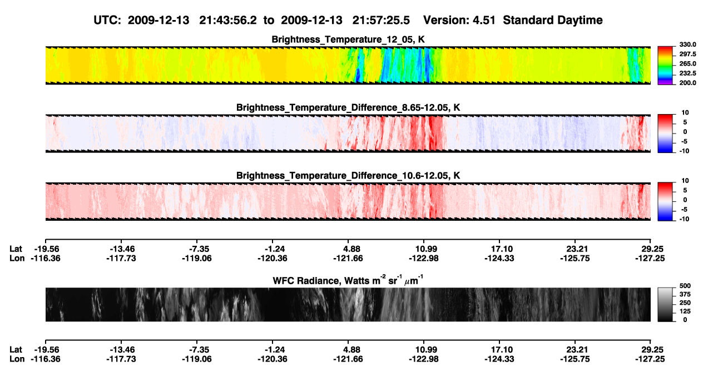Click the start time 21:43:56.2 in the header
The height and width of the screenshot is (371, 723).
click(228, 21)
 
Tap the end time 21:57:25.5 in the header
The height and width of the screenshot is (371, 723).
click(381, 21)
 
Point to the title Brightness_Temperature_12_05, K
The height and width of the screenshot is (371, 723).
click(348, 39)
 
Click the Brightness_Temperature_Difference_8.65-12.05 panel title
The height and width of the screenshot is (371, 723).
click(348, 107)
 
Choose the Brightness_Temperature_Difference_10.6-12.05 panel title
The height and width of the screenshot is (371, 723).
click(348, 176)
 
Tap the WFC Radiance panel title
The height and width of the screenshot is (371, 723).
click(348, 280)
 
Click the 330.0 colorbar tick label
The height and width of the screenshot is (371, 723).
click(687, 44)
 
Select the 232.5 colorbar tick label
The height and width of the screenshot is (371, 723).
click(687, 73)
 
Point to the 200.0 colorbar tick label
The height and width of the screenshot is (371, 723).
click(687, 83)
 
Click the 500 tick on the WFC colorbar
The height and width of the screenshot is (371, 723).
click(685, 286)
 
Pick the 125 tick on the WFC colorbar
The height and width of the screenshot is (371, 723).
click(685, 311)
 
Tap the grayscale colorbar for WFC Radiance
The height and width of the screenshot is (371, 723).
click(665, 304)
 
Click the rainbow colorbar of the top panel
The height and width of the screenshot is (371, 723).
click(665, 66)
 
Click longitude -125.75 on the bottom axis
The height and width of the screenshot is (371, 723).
click(575, 359)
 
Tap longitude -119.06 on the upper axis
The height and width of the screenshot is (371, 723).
click(196, 258)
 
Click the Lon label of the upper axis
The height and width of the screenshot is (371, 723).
click(17, 258)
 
